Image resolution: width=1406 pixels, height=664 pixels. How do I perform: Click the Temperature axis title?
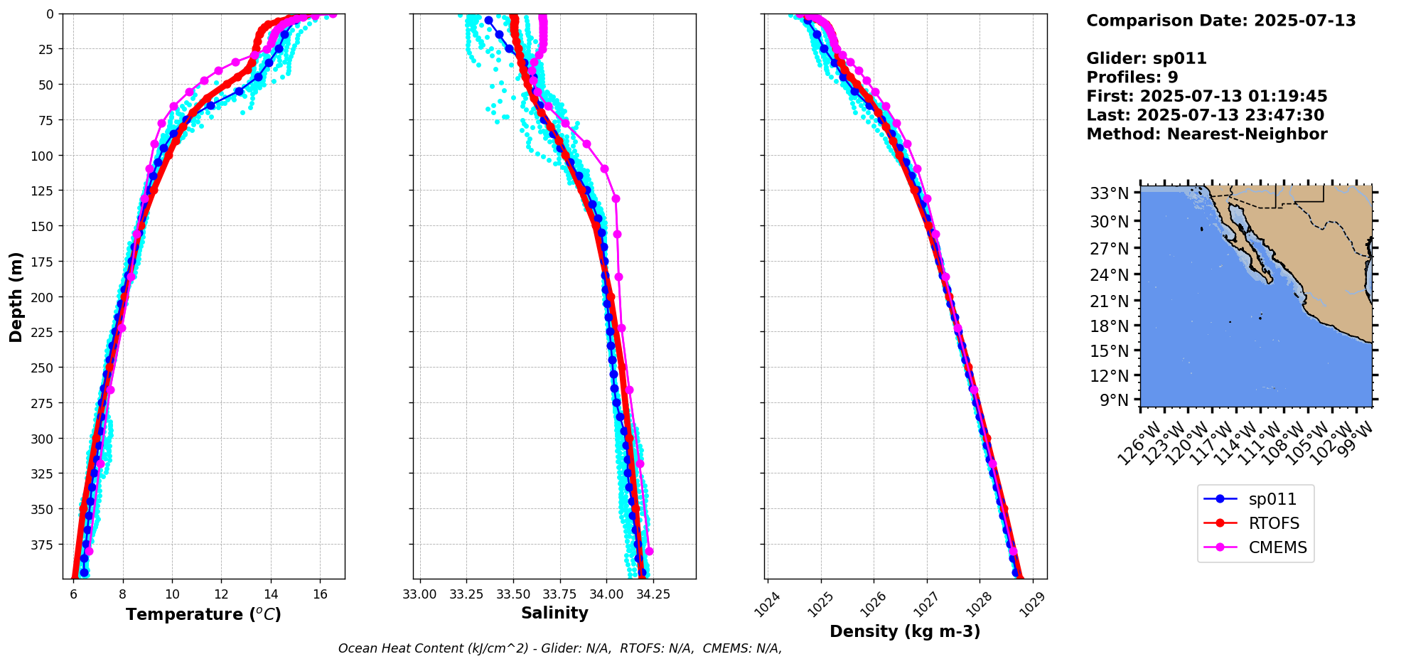(204, 614)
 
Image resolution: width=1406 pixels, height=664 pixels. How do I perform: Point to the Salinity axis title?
(554, 614)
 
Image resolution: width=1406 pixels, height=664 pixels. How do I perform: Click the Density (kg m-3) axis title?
(905, 631)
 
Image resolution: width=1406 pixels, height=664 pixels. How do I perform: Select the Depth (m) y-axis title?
(16, 296)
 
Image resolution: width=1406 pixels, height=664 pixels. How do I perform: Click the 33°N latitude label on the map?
(1110, 193)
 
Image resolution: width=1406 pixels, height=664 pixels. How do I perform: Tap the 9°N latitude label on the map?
(1114, 400)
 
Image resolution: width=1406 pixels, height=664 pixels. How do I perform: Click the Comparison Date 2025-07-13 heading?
(1220, 21)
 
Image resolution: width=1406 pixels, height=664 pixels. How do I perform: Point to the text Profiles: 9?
(1132, 77)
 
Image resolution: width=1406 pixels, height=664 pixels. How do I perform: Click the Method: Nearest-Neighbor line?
(1206, 134)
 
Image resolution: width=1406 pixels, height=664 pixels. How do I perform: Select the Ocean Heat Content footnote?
(560, 648)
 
